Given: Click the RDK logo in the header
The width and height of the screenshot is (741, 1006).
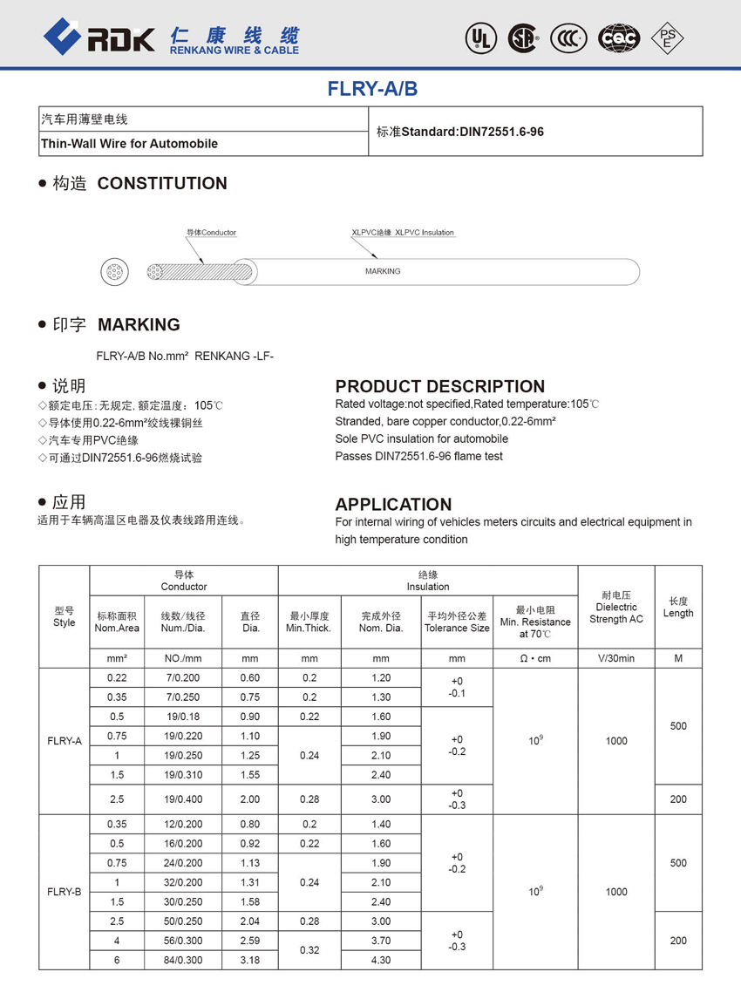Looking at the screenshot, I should pyautogui.click(x=99, y=36).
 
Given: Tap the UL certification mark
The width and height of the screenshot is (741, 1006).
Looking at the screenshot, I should pyautogui.click(x=480, y=37).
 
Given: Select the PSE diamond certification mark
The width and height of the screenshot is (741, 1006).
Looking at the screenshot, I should pyautogui.click(x=668, y=37).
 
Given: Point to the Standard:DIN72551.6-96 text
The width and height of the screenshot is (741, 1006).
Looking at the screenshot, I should pyautogui.click(x=459, y=132).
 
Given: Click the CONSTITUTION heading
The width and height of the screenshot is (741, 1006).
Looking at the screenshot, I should pyautogui.click(x=162, y=183).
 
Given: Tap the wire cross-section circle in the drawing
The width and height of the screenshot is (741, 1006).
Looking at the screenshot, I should pyautogui.click(x=114, y=272).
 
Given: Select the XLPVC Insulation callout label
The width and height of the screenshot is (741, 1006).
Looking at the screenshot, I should pyautogui.click(x=403, y=233).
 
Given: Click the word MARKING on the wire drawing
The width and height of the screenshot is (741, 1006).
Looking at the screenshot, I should pyautogui.click(x=383, y=272).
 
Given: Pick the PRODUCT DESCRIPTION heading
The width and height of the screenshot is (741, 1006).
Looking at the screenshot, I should pyautogui.click(x=440, y=386).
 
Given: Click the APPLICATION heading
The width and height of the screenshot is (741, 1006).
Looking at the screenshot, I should pyautogui.click(x=393, y=504).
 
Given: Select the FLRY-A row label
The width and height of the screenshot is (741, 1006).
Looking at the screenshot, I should pyautogui.click(x=65, y=741).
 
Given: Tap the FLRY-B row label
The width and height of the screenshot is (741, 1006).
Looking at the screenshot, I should pyautogui.click(x=65, y=892).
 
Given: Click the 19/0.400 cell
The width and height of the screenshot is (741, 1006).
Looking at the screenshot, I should pyautogui.click(x=181, y=799).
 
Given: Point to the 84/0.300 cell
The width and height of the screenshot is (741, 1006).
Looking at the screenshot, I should pyautogui.click(x=181, y=960).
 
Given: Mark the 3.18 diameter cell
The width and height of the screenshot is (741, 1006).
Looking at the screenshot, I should pyautogui.click(x=250, y=960).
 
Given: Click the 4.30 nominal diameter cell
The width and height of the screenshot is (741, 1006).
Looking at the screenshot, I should pyautogui.click(x=381, y=960).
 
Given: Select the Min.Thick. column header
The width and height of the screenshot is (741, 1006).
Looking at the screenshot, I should pyautogui.click(x=309, y=622).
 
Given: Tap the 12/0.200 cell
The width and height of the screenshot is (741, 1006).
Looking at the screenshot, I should pyautogui.click(x=181, y=824).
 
